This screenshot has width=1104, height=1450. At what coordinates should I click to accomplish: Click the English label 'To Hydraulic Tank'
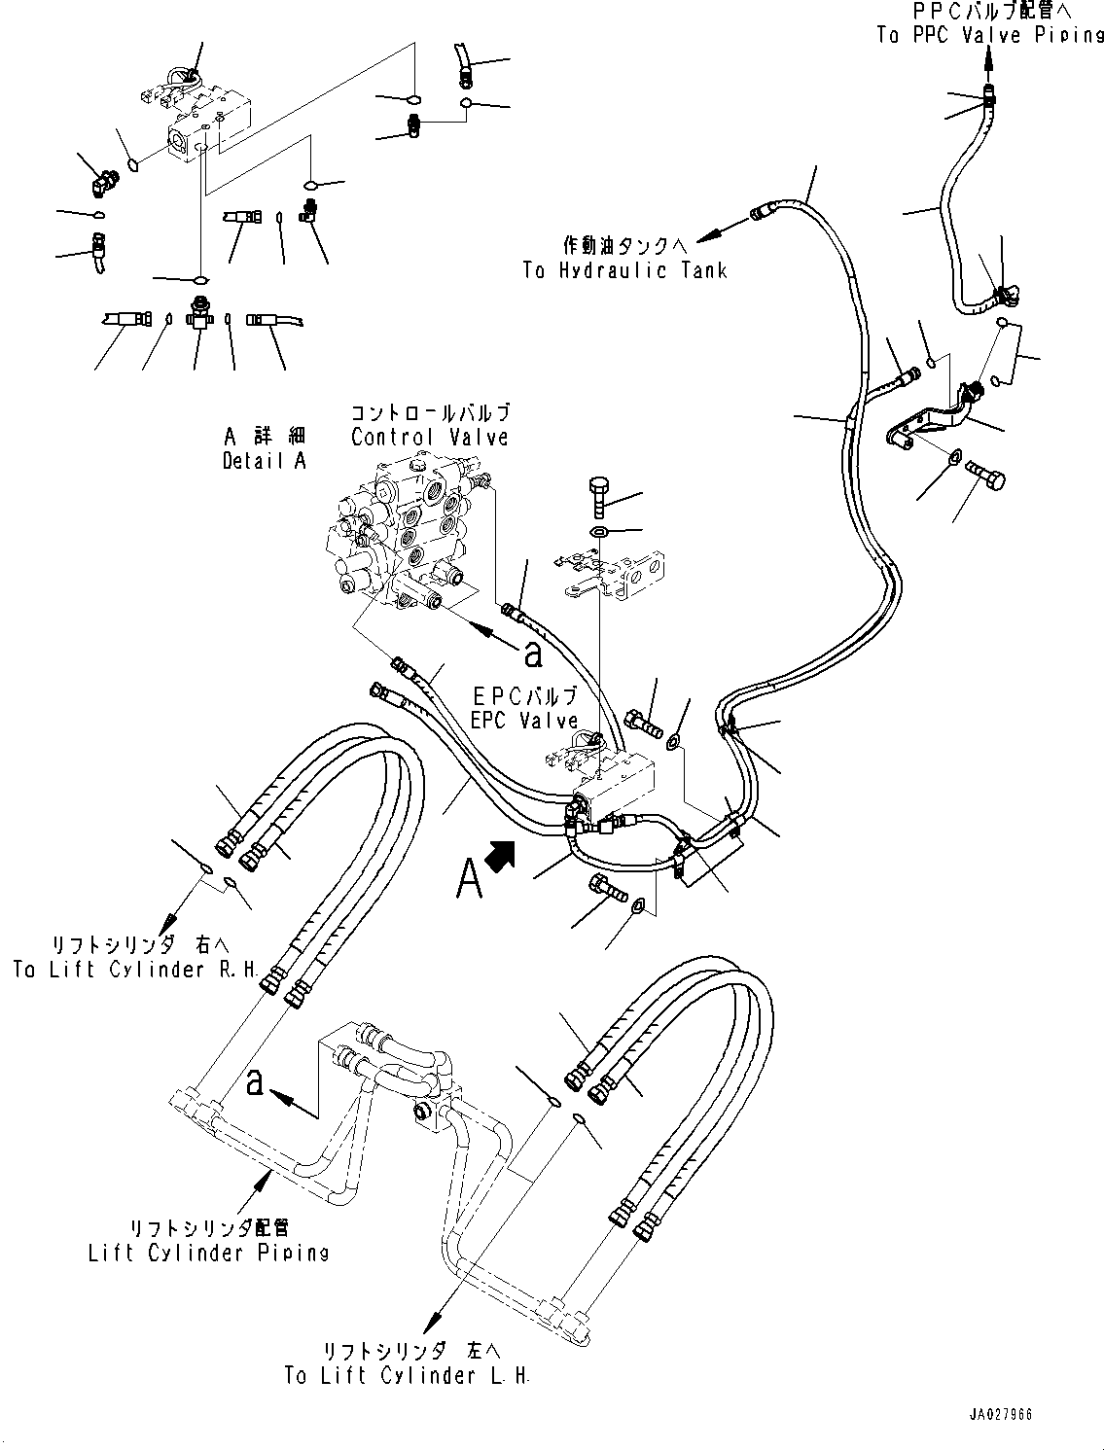pos(623,270)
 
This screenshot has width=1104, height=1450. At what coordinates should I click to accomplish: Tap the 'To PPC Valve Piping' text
pos(989,35)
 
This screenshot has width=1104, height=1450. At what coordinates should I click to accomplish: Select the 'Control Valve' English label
pos(429,437)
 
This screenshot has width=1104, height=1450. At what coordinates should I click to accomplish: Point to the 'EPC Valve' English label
pos(524,721)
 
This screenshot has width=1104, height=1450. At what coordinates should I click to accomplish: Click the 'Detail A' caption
pos(264,461)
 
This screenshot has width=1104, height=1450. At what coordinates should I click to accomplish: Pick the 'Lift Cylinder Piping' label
pos(208,1253)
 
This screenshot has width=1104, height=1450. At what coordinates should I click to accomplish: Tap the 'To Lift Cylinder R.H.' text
pos(135,969)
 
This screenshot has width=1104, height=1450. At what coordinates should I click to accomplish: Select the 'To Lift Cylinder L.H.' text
pos(407,1375)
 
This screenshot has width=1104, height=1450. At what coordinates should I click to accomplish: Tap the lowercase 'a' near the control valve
pos(532,655)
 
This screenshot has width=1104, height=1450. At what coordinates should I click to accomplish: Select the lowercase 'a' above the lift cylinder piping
pos(255,1081)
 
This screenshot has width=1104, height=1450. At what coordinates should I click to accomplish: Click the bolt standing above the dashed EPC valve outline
pos(599,496)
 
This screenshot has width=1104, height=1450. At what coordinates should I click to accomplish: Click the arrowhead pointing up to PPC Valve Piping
pos(989,63)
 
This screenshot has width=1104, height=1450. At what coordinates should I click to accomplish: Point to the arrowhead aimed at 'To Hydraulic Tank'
pos(711,233)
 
